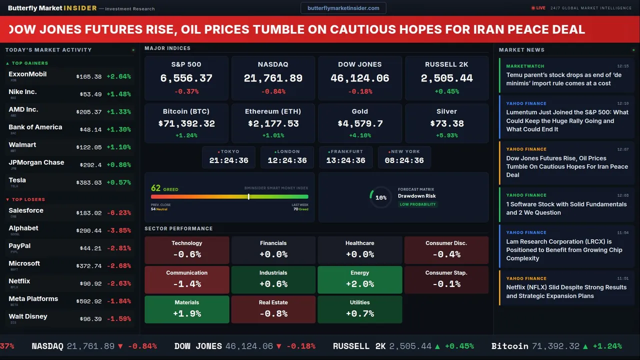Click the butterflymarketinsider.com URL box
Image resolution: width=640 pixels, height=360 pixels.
(x=343, y=8)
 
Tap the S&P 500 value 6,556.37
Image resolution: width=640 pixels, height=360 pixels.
(x=186, y=78)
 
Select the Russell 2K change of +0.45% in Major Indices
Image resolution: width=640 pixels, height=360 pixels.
(x=446, y=91)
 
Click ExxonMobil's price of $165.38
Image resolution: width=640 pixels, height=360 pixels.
(x=89, y=77)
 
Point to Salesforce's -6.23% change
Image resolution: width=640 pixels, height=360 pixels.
(x=118, y=213)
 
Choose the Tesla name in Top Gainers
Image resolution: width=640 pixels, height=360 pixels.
(x=17, y=180)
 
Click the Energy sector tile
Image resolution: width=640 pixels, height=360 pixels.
(x=359, y=279)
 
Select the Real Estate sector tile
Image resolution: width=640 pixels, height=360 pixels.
(x=273, y=309)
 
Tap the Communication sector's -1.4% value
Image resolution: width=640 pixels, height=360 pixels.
(x=186, y=284)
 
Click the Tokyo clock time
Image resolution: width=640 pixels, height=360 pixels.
(x=228, y=160)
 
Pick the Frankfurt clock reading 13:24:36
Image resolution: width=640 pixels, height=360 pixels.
(x=345, y=160)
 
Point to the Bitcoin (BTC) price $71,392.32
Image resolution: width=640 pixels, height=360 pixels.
(x=186, y=123)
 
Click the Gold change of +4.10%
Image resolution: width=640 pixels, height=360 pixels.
(x=359, y=135)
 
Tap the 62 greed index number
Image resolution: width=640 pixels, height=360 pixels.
(x=156, y=188)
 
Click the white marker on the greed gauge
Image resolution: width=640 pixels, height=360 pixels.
(x=248, y=196)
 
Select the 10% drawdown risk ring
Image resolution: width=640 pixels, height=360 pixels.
(x=380, y=197)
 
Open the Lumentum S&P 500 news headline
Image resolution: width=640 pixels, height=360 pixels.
(x=567, y=120)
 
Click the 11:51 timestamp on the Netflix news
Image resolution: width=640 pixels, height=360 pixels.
(x=622, y=278)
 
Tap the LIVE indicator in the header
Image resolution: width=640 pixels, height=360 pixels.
(x=538, y=8)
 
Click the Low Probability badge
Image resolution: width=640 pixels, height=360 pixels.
(x=417, y=204)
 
